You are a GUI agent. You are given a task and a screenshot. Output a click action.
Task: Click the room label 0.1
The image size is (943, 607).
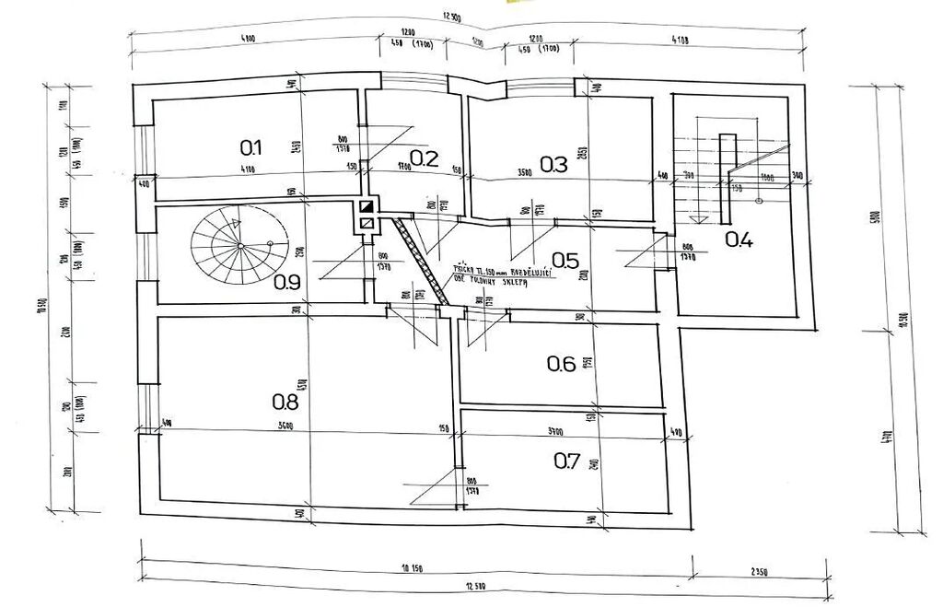click(251, 146)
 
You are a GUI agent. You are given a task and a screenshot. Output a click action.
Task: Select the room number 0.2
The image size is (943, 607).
click(424, 158)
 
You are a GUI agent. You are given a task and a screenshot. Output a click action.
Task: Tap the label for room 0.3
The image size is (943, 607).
click(553, 165)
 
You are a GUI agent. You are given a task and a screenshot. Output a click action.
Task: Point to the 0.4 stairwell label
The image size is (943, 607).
click(739, 240)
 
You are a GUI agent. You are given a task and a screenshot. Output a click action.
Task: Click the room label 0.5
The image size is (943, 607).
click(565, 261)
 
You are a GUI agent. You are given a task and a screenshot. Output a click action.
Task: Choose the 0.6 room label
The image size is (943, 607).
click(562, 364)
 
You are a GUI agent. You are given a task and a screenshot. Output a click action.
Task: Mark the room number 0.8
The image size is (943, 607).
click(285, 401)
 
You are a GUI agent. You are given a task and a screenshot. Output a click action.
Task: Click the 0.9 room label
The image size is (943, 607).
click(287, 282)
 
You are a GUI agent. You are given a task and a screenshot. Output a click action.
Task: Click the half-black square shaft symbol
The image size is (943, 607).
click(367, 207)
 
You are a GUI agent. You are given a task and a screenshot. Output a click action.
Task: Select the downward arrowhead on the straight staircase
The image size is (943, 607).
click(701, 219)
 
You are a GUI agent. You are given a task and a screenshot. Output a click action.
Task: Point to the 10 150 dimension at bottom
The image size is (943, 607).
click(416, 569)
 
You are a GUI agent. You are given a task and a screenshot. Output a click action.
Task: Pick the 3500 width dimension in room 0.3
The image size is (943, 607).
click(525, 172)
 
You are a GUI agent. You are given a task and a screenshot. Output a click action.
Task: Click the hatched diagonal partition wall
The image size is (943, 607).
click(421, 259)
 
